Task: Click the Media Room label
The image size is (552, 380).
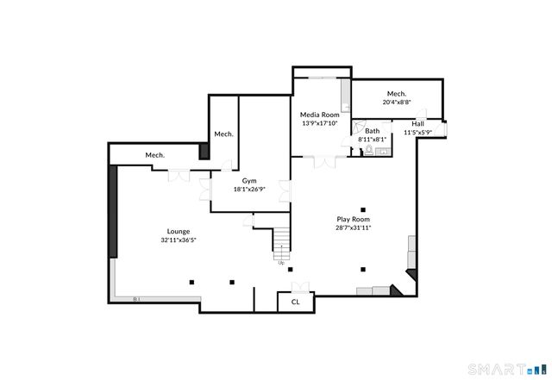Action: click(x=319, y=115)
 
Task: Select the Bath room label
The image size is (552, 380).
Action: click(x=372, y=131)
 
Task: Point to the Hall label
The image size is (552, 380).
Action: click(x=417, y=124)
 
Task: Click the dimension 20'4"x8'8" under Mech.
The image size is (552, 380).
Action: click(x=397, y=102)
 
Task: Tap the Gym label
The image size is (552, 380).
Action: click(x=248, y=181)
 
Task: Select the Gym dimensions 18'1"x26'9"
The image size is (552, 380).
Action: click(x=248, y=190)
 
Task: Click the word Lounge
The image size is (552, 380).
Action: click(x=179, y=231)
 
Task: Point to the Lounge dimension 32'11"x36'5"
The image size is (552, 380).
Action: click(x=179, y=240)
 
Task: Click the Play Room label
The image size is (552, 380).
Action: click(x=353, y=220)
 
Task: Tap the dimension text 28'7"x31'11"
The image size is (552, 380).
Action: click(x=353, y=228)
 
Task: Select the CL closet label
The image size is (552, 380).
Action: click(x=295, y=302)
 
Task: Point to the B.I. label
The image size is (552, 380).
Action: click(x=136, y=299)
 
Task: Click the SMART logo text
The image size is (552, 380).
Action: click(x=496, y=371)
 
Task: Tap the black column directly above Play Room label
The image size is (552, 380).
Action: click(x=364, y=209)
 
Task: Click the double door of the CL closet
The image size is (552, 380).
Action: click(x=299, y=288)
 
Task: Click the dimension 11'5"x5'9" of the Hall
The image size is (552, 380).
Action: click(x=417, y=133)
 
